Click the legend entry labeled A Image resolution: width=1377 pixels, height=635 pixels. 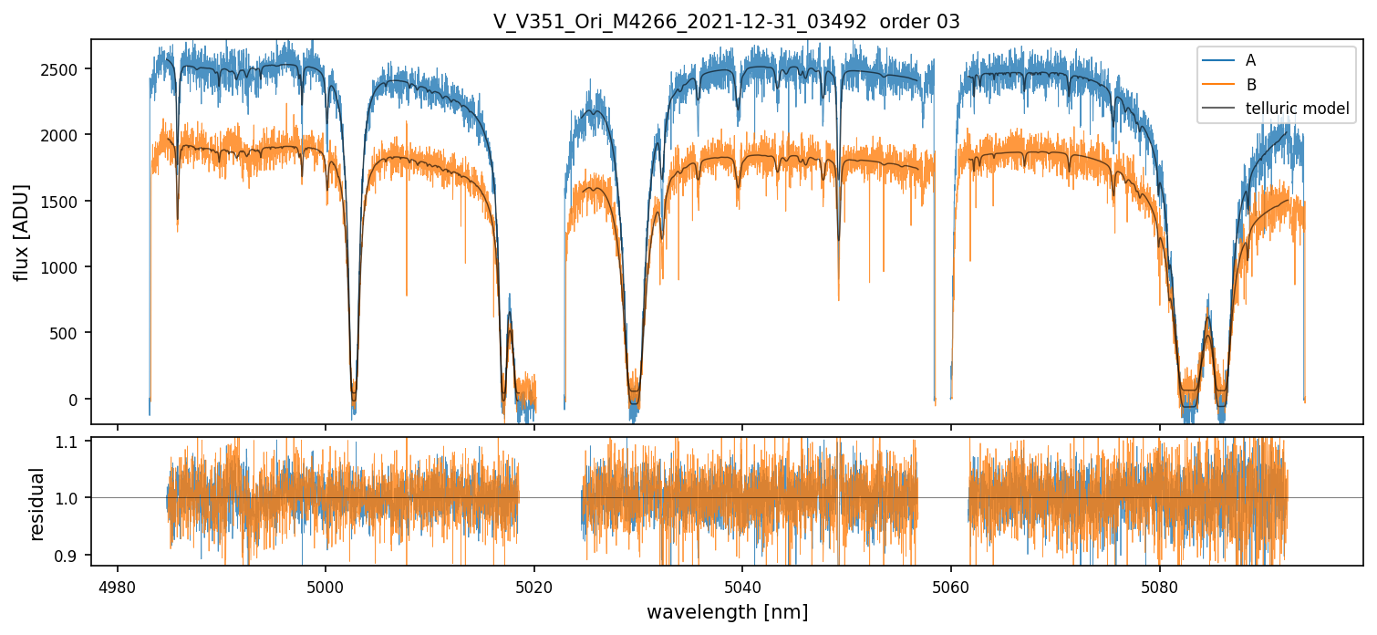pyautogui.click(x=1250, y=60)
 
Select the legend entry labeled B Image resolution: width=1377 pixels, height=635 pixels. pyautogui.click(x=1250, y=85)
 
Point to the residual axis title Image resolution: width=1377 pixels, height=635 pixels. pyautogui.click(x=37, y=504)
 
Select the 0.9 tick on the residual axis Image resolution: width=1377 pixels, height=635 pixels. pyautogui.click(x=72, y=555)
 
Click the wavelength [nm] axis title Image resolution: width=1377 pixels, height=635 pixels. pyautogui.click(x=727, y=611)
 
